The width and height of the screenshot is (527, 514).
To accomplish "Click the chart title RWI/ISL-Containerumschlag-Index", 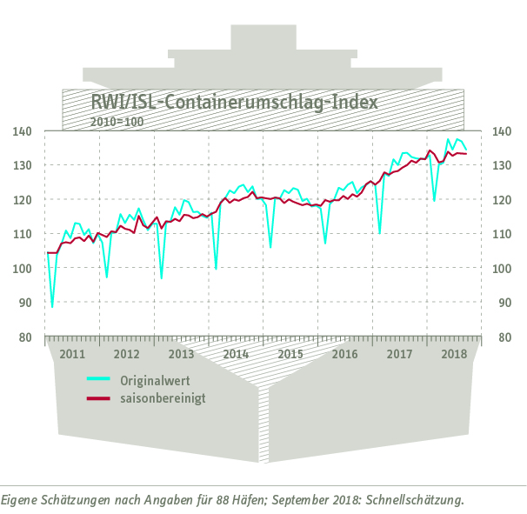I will click(x=235, y=102).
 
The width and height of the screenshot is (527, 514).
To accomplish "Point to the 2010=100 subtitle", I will click(x=117, y=121).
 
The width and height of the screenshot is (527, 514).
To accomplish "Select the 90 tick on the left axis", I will click(x=24, y=303).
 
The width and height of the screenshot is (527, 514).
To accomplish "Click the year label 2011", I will click(x=71, y=354).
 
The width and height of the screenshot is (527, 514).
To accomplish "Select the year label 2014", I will click(x=236, y=354).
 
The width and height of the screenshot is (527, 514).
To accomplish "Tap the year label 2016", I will click(x=345, y=354).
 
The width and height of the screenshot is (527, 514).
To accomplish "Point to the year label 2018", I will click(x=454, y=354).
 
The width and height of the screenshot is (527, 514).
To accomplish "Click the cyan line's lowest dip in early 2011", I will click(x=52, y=306).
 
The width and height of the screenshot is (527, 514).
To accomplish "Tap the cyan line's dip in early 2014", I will click(x=216, y=268).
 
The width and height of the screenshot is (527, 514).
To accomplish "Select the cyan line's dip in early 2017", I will click(x=379, y=233).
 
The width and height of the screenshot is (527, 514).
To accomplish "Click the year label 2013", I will click(x=181, y=354).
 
